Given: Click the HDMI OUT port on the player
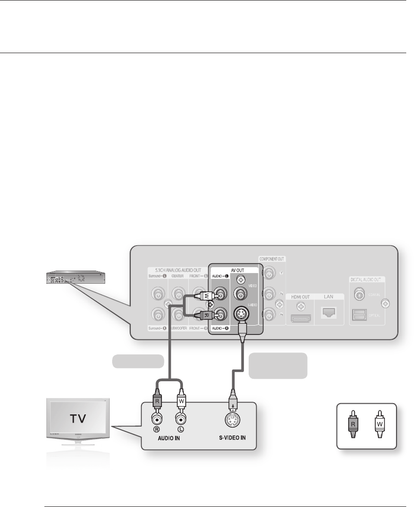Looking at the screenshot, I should click(301, 319).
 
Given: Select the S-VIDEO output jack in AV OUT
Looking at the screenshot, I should click(239, 314).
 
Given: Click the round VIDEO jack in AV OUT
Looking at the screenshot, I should click(239, 294).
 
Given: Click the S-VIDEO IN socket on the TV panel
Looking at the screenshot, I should click(234, 419).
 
